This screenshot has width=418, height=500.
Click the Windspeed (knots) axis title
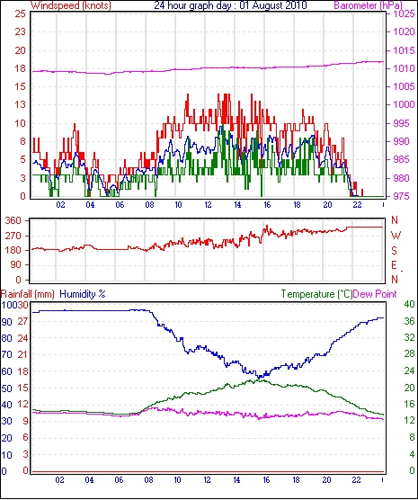[x=71, y=5]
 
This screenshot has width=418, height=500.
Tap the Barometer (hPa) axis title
[x=368, y=5]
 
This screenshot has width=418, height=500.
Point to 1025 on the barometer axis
[x=405, y=14]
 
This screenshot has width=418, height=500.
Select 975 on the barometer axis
[x=403, y=196]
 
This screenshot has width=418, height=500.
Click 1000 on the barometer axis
[x=405, y=104]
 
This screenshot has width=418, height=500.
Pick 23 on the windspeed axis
[x=20, y=31]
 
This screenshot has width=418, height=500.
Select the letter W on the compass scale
[x=396, y=236]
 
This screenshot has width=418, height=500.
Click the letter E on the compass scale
[x=394, y=265]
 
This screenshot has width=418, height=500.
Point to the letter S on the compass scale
[x=394, y=251]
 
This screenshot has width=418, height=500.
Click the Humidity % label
[x=83, y=294]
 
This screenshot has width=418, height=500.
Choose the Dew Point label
[x=375, y=294]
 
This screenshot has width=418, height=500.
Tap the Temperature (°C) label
[x=316, y=294]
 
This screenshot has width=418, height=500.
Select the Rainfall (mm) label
[x=28, y=294]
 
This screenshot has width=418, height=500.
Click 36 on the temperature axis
[x=409, y=321]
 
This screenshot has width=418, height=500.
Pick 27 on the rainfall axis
[x=22, y=321]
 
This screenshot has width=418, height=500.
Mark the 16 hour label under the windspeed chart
[x=267, y=204]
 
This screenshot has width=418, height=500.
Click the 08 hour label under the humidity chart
[x=148, y=479]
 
